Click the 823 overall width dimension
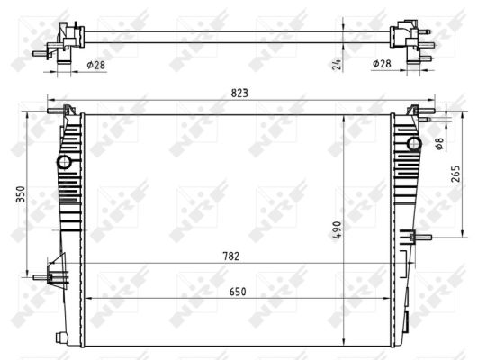click(x=239, y=92)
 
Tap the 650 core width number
click(x=238, y=291)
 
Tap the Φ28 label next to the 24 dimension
click(x=382, y=64)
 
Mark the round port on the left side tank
click(x=64, y=163)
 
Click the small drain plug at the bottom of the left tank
click(x=61, y=337)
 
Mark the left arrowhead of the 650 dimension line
click(x=89, y=298)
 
